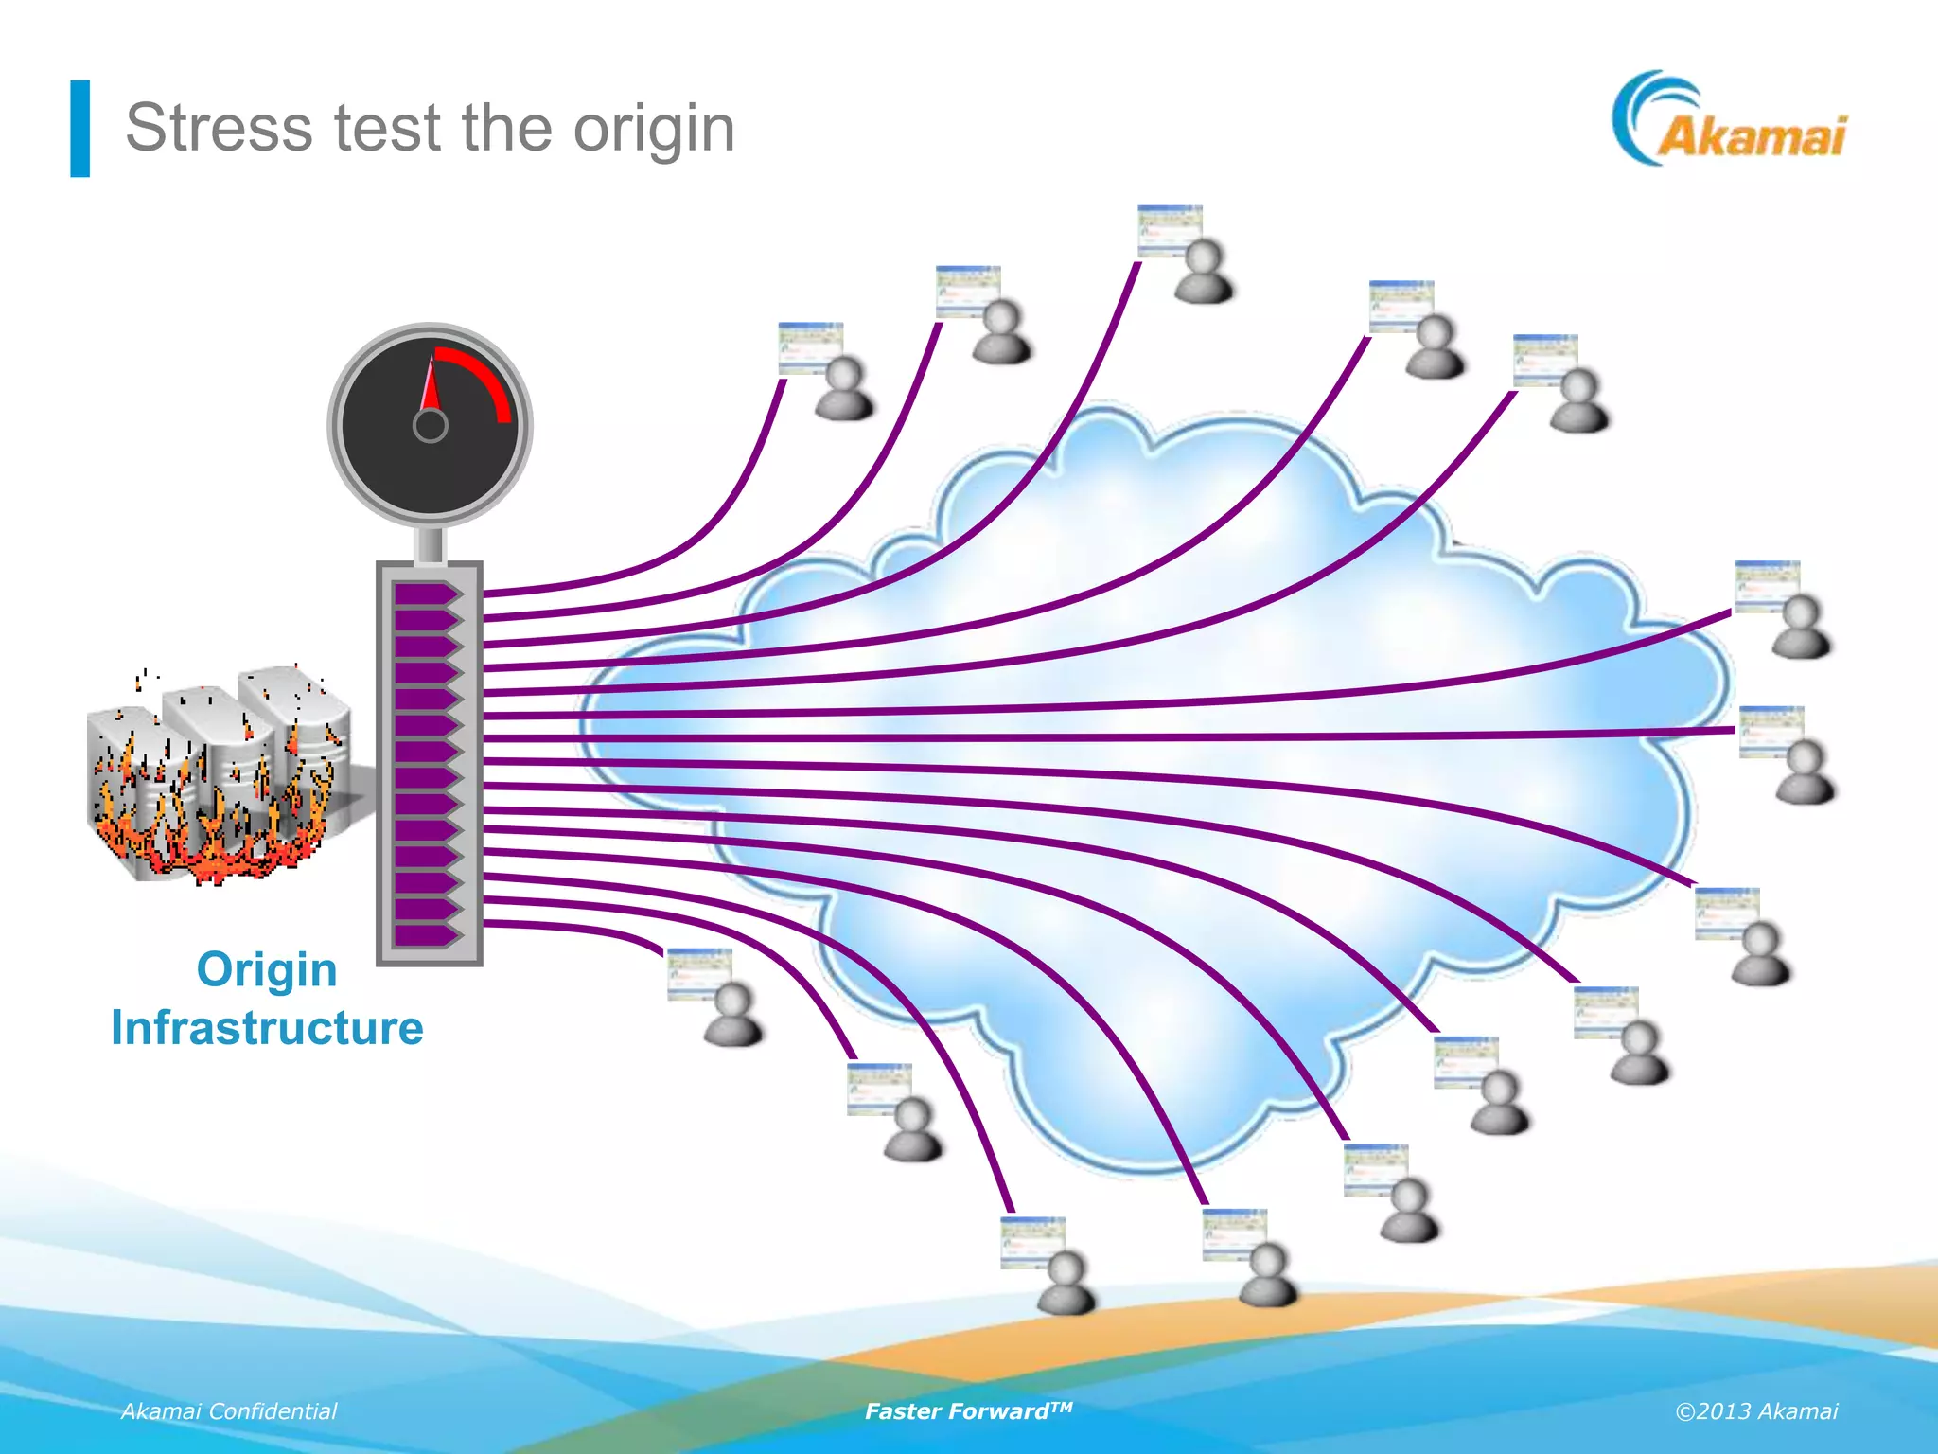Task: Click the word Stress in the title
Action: point(218,128)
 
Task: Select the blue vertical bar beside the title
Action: point(80,129)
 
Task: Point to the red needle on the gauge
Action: point(432,383)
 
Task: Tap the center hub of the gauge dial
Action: point(431,426)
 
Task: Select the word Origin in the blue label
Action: point(267,969)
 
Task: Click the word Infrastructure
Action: point(267,1028)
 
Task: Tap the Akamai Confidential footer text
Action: point(229,1411)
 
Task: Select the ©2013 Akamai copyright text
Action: point(1756,1411)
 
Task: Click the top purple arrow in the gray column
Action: point(426,594)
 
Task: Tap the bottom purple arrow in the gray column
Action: point(426,935)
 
